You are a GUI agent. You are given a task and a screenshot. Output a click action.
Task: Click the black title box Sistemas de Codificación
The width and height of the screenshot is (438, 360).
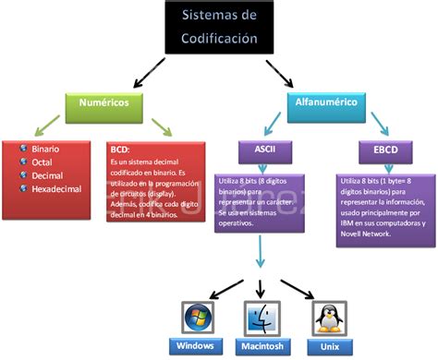point(219,28)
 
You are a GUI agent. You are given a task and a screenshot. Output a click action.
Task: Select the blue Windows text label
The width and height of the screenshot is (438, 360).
point(197,346)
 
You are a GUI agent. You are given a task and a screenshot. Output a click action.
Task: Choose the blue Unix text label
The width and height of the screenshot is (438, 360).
point(323,346)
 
